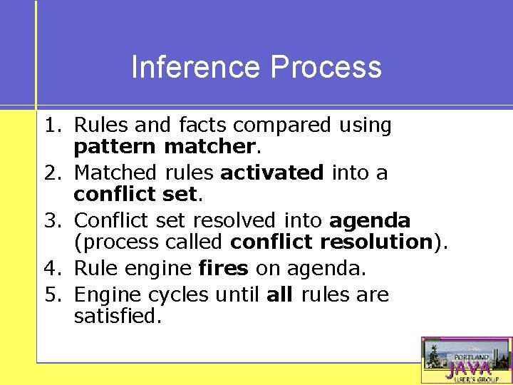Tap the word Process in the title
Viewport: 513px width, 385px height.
(326, 68)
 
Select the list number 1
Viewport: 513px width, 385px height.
(53, 125)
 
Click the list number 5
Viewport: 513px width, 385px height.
(53, 294)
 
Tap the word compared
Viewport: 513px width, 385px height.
(282, 126)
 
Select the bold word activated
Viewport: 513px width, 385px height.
(271, 173)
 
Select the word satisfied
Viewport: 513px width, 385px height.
(118, 317)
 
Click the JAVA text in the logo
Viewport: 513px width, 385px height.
(468, 368)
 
